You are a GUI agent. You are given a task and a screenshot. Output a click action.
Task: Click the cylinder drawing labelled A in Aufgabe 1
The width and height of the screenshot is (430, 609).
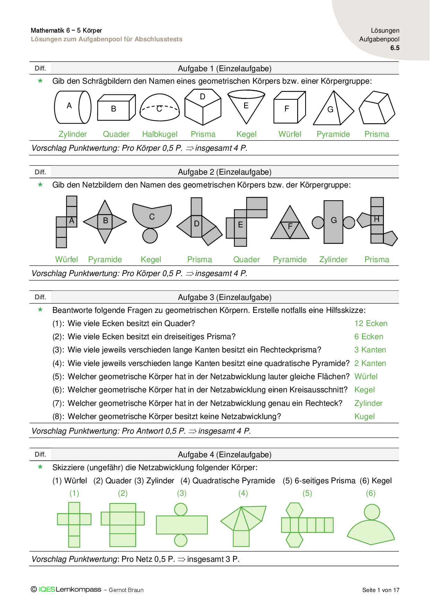(x=72, y=107)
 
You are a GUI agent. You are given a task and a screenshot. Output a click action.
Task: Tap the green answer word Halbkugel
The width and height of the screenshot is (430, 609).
(x=160, y=134)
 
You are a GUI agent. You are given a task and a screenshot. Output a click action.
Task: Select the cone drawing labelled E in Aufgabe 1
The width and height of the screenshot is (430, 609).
(x=246, y=106)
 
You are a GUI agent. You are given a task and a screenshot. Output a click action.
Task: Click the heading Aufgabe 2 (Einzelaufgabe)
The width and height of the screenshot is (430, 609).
(x=224, y=172)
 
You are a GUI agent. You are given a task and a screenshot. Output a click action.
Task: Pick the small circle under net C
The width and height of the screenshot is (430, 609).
(x=150, y=236)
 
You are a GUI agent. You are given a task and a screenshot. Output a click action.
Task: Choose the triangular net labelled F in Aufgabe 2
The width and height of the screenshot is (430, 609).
(x=290, y=223)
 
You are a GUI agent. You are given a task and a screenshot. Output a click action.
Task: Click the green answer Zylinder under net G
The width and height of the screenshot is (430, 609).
(x=333, y=260)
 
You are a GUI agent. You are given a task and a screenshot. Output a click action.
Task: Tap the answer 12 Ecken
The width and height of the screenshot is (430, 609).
(x=371, y=324)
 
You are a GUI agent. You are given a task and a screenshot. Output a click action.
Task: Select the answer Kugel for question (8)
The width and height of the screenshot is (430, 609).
(x=364, y=417)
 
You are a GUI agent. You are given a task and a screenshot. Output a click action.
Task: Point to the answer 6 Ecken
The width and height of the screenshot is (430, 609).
(x=369, y=337)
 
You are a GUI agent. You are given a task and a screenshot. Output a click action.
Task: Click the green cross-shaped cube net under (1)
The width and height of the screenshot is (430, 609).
(x=74, y=524)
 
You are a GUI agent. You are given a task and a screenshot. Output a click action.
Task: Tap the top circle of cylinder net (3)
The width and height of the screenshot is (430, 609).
(x=181, y=509)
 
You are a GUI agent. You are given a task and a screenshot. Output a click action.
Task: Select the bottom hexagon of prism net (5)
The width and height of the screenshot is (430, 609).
(x=294, y=540)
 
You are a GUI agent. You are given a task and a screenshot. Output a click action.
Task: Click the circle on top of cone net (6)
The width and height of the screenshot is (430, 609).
(x=372, y=512)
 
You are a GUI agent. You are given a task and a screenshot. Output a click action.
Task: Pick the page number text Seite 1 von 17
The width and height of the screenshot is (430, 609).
(x=381, y=590)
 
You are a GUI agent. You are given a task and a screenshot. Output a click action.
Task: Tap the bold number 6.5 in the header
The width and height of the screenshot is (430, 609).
(x=395, y=48)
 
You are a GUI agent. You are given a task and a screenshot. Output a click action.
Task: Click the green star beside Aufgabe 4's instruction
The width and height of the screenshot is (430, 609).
(x=40, y=467)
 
